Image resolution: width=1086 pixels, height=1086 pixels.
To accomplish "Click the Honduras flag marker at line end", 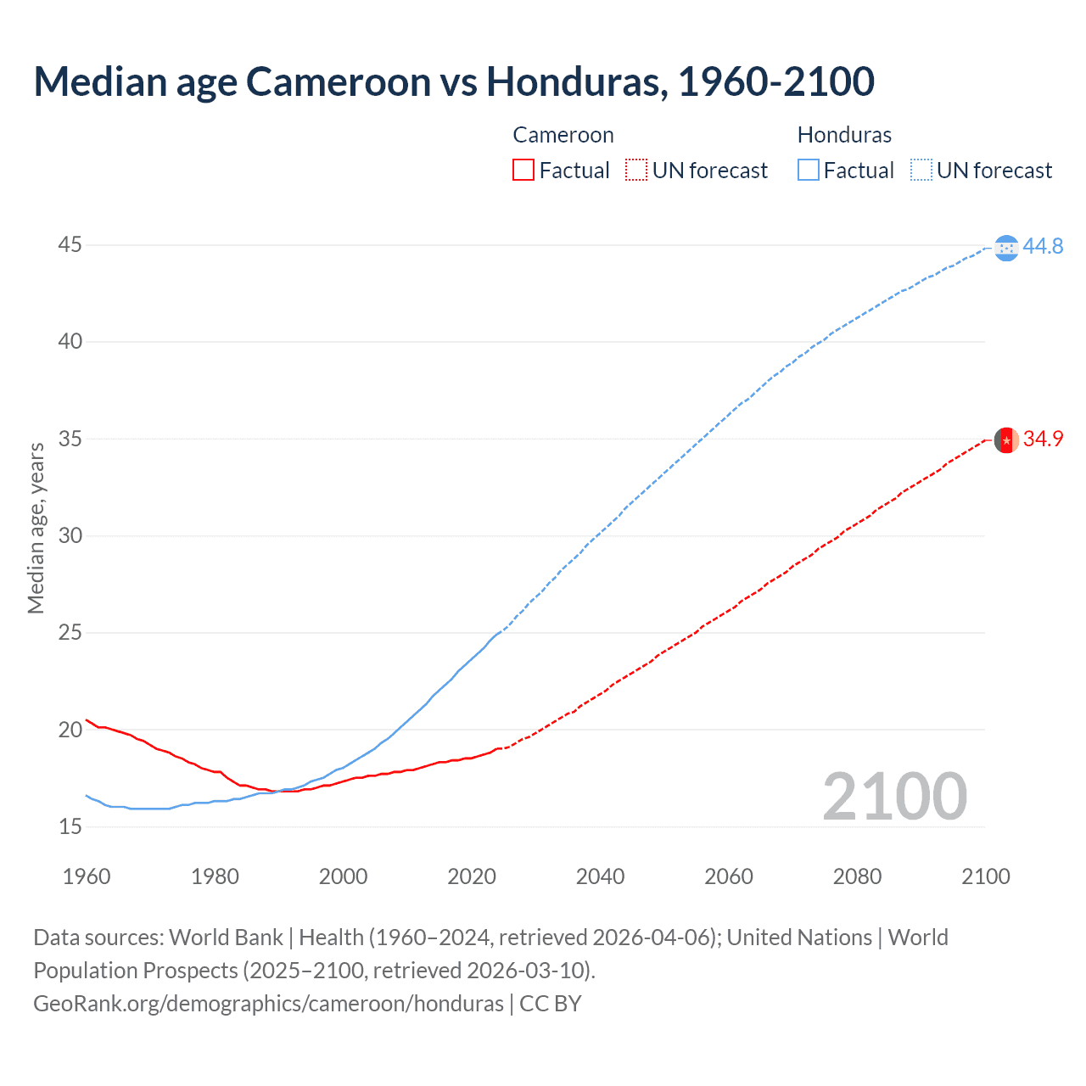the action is point(1006,248).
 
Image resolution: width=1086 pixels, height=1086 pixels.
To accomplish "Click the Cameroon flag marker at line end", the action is point(1006,440).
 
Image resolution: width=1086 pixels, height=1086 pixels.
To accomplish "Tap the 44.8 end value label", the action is point(1043,246).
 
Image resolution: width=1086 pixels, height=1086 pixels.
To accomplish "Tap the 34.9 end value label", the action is point(1043,439).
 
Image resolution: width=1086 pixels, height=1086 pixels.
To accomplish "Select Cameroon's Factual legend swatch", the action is point(523,171).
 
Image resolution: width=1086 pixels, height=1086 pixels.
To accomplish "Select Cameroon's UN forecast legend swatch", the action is point(636,171).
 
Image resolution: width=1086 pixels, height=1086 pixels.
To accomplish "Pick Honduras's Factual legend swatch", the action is point(808,171).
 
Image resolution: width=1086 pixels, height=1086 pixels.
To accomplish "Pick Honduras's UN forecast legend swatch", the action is point(921,171).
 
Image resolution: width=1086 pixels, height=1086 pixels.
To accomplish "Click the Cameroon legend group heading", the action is point(563,135).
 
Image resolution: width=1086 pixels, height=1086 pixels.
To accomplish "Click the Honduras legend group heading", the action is point(844,135).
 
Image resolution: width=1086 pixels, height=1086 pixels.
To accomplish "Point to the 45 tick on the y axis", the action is point(70,245).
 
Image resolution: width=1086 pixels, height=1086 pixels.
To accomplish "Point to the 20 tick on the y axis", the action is point(70,730).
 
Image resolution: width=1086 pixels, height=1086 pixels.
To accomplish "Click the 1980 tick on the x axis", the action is point(215,876).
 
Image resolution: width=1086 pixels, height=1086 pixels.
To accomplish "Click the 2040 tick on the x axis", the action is point(600,876).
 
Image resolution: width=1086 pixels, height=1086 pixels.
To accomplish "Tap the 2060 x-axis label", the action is point(729,876).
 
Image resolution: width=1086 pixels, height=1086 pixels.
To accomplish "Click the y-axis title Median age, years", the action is point(36,528).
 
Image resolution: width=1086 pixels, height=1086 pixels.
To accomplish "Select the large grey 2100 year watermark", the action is point(894,797).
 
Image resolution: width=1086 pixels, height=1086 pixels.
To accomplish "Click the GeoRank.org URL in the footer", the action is point(268,1004).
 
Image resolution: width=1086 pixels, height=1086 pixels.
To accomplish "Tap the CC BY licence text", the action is point(551,1004).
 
